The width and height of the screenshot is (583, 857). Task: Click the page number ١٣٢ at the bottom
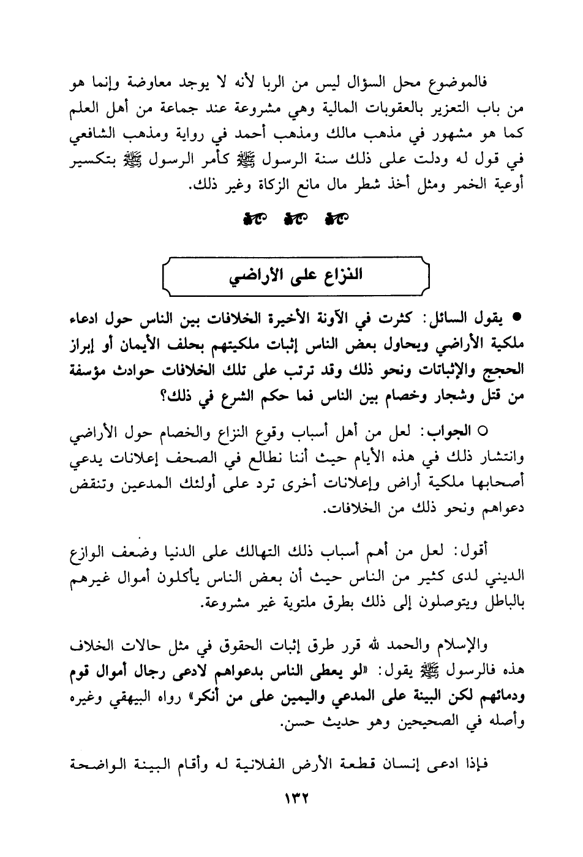click(291, 799)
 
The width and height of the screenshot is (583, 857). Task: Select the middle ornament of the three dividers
click(291, 219)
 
